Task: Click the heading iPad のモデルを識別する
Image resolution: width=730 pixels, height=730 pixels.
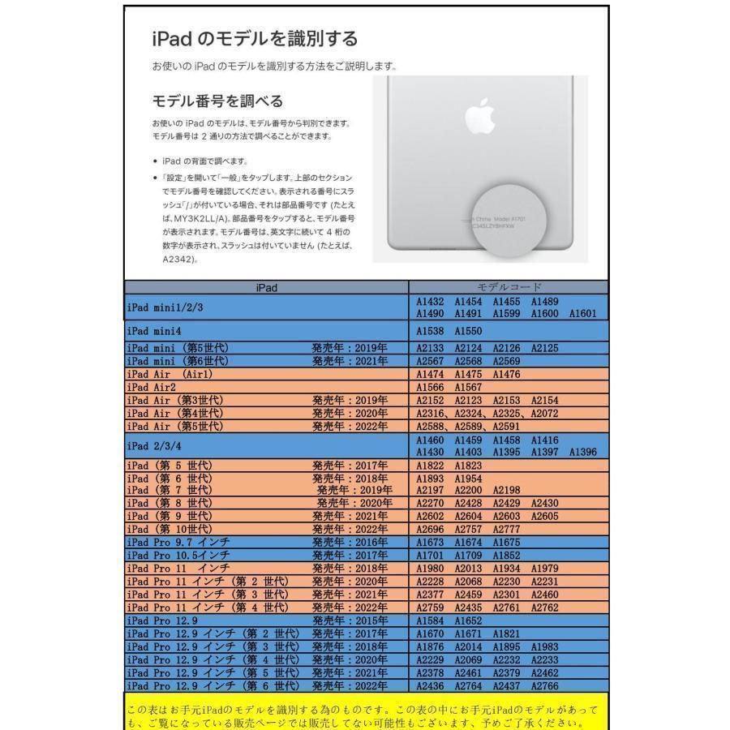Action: [x=255, y=39]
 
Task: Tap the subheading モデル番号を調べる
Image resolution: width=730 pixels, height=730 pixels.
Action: [x=217, y=101]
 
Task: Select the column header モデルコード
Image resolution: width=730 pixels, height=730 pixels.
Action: [x=508, y=288]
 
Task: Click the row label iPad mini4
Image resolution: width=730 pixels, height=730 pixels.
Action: [x=154, y=331]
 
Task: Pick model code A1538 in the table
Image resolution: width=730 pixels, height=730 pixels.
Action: [x=431, y=331]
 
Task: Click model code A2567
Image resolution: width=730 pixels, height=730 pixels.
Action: [x=431, y=360]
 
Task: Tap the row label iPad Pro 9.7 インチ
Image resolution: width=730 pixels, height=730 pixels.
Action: [x=178, y=542]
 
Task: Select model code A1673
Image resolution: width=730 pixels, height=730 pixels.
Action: [x=431, y=542]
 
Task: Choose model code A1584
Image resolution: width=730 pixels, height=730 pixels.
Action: [x=431, y=620]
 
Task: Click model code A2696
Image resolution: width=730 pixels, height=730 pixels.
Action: [x=431, y=529]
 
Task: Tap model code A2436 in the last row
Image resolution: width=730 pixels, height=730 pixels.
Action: [x=431, y=686]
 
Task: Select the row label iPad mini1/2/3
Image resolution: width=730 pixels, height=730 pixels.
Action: [x=165, y=307]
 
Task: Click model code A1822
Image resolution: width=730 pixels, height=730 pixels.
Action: [x=431, y=466]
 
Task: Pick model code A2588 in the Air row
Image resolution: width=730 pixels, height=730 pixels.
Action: [x=431, y=427]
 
